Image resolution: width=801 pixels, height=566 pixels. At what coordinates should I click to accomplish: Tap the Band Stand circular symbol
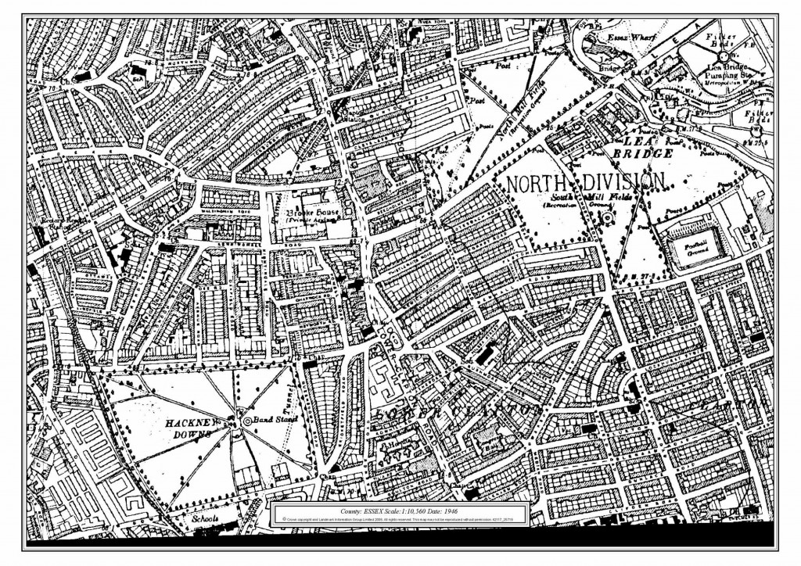click(x=247, y=421)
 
